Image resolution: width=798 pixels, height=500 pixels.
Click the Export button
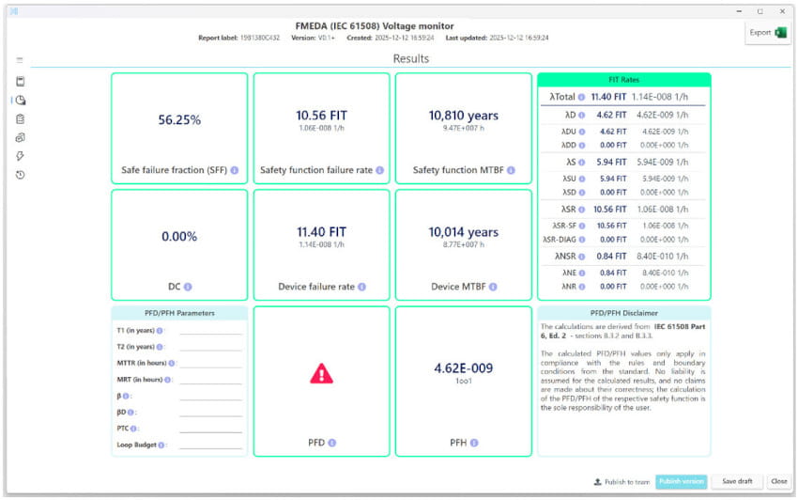click(x=767, y=33)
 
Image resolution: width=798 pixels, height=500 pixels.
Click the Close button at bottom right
click(x=778, y=481)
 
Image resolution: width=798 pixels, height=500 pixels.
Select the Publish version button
click(x=681, y=481)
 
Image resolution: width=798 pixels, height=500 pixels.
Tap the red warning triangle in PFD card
click(x=321, y=373)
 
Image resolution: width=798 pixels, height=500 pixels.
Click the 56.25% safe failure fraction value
click(x=179, y=119)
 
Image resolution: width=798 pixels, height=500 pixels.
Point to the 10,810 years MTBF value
click(x=463, y=116)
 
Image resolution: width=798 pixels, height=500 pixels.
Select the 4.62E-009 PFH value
click(x=463, y=368)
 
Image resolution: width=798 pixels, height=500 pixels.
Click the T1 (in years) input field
click(x=210, y=331)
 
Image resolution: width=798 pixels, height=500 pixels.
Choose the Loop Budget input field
click(x=210, y=445)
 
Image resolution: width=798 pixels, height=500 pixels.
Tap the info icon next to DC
click(x=188, y=287)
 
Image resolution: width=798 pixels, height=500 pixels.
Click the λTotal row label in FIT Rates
click(x=563, y=97)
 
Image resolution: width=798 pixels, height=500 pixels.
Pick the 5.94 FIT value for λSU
click(x=612, y=178)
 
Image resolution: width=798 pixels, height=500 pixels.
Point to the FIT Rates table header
click(x=623, y=80)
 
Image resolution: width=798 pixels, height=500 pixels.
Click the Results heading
click(x=411, y=58)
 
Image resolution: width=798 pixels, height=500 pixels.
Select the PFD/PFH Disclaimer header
click(x=623, y=312)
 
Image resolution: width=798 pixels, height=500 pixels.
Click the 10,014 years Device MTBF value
click(x=463, y=232)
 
